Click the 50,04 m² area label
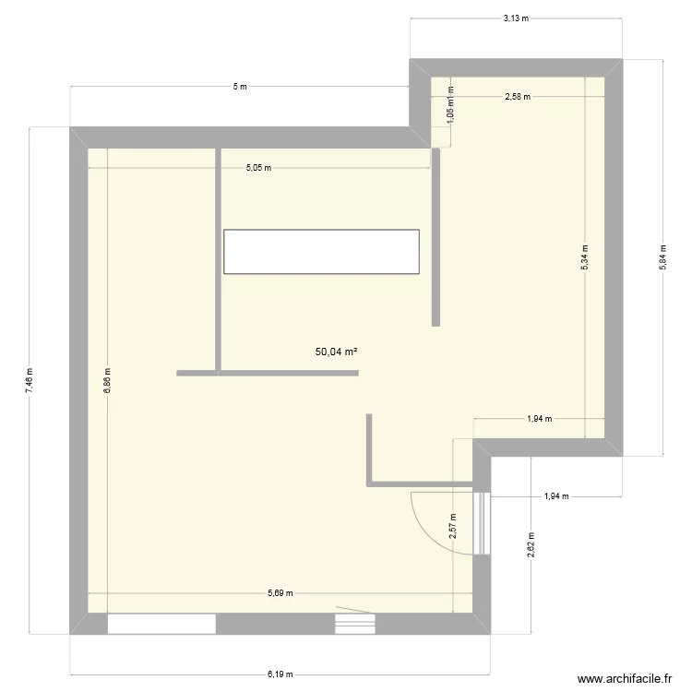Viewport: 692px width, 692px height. point(336,352)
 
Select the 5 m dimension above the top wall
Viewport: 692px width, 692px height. point(240,87)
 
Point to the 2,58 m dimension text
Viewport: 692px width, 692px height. point(518,96)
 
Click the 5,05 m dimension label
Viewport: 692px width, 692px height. point(258,168)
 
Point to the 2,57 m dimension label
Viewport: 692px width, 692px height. point(453,526)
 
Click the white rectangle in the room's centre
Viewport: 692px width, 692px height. point(321,251)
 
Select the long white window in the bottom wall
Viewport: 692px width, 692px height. point(161,625)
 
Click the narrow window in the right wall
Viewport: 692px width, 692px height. point(481,522)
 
